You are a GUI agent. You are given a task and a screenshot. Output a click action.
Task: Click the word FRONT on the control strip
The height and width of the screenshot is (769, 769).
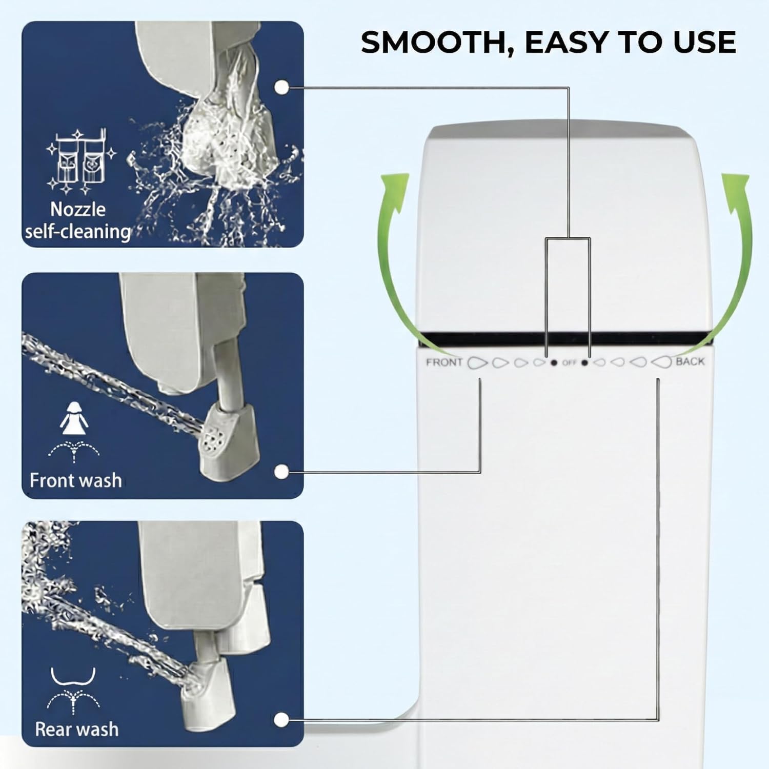[x=444, y=362]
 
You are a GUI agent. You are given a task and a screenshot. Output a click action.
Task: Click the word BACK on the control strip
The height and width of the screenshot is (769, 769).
[x=690, y=361]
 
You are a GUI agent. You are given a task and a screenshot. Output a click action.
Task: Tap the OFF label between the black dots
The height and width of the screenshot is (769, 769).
[x=569, y=362]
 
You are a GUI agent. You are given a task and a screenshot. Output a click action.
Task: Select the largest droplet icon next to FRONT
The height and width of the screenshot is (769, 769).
[x=477, y=362]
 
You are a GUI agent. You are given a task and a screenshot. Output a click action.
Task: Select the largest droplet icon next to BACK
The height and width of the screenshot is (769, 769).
[x=661, y=362]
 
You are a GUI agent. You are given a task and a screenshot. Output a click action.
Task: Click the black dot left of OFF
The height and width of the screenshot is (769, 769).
[x=554, y=363]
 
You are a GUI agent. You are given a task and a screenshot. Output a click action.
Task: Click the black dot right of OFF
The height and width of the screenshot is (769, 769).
[x=584, y=363]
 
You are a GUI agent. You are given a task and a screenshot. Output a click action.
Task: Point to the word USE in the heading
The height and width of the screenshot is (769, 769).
[x=705, y=42]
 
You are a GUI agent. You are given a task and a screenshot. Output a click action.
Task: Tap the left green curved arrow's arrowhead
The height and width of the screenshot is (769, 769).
[x=396, y=187]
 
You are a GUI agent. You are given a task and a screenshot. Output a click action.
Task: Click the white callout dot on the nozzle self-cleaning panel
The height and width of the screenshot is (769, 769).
[x=281, y=87]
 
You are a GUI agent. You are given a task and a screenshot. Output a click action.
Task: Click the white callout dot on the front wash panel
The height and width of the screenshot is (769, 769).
[x=280, y=472]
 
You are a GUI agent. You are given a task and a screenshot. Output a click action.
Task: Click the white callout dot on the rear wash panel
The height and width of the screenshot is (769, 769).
[x=280, y=720]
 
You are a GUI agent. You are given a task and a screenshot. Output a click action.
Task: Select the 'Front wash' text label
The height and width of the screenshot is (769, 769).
[x=76, y=480]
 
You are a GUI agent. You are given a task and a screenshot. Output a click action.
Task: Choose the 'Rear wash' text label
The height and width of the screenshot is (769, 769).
[x=76, y=729]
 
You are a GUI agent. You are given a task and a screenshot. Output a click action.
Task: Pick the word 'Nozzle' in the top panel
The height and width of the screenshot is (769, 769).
[x=78, y=209]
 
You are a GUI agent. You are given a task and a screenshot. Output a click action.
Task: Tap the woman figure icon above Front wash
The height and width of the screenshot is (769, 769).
[x=74, y=415]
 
